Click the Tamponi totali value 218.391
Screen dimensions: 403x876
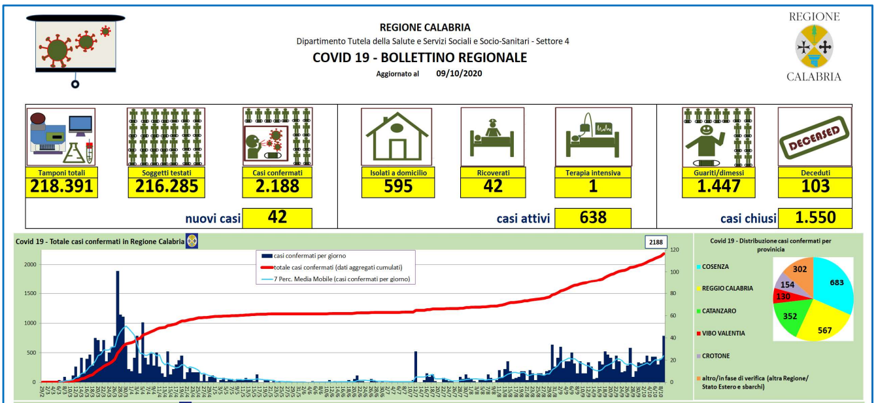(62, 186)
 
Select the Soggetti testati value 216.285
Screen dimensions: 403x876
(165, 186)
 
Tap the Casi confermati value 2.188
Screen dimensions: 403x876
(277, 186)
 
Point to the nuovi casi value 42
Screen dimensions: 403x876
(277, 217)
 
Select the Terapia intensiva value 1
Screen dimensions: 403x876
(593, 186)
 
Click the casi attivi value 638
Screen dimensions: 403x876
(593, 217)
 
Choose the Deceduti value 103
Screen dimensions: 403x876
(815, 186)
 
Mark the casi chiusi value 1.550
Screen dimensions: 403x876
(815, 217)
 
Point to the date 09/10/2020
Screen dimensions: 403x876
(459, 74)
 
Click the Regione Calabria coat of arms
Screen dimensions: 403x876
(815, 46)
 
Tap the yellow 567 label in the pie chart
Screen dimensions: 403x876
(824, 330)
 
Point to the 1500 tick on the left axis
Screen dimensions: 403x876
(30, 293)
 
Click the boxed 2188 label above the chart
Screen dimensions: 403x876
(654, 242)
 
